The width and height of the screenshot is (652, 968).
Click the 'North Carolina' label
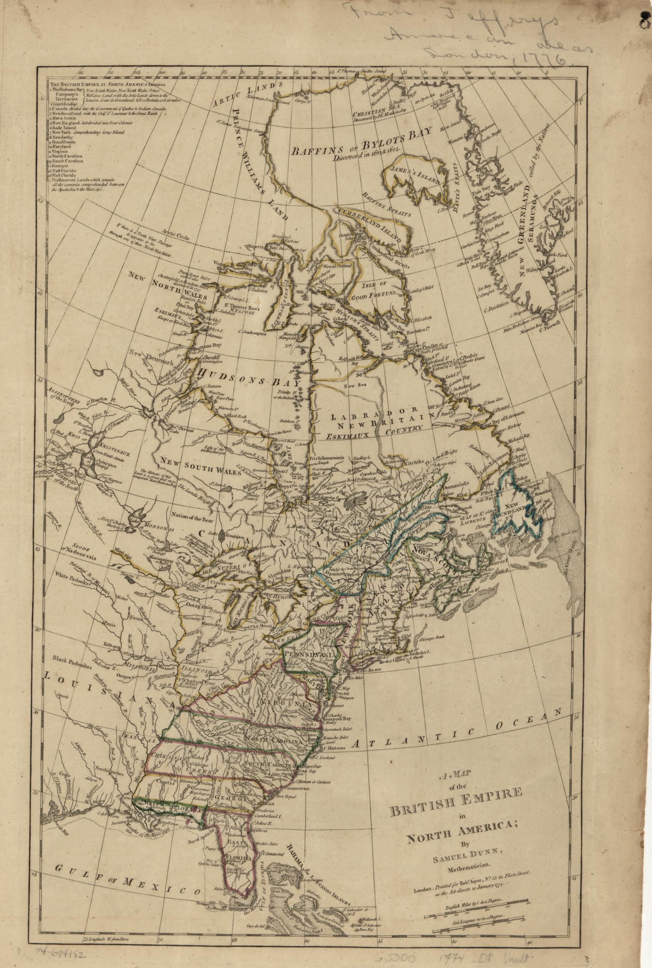(273, 587)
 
